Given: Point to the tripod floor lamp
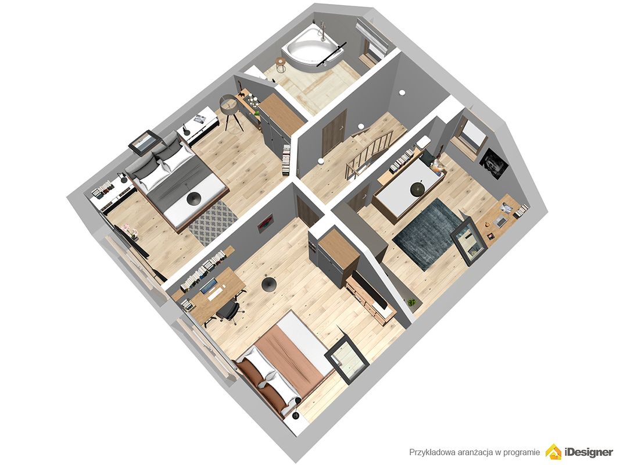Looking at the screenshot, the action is [231, 110].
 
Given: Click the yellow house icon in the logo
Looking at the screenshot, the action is [553, 452].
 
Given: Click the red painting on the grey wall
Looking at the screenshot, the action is [265, 223].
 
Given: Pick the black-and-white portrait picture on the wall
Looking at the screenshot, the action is [493, 163].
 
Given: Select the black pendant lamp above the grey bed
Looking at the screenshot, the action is [193, 198].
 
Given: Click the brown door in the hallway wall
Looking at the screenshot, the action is [334, 133].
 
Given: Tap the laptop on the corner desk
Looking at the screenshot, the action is [500, 221].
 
